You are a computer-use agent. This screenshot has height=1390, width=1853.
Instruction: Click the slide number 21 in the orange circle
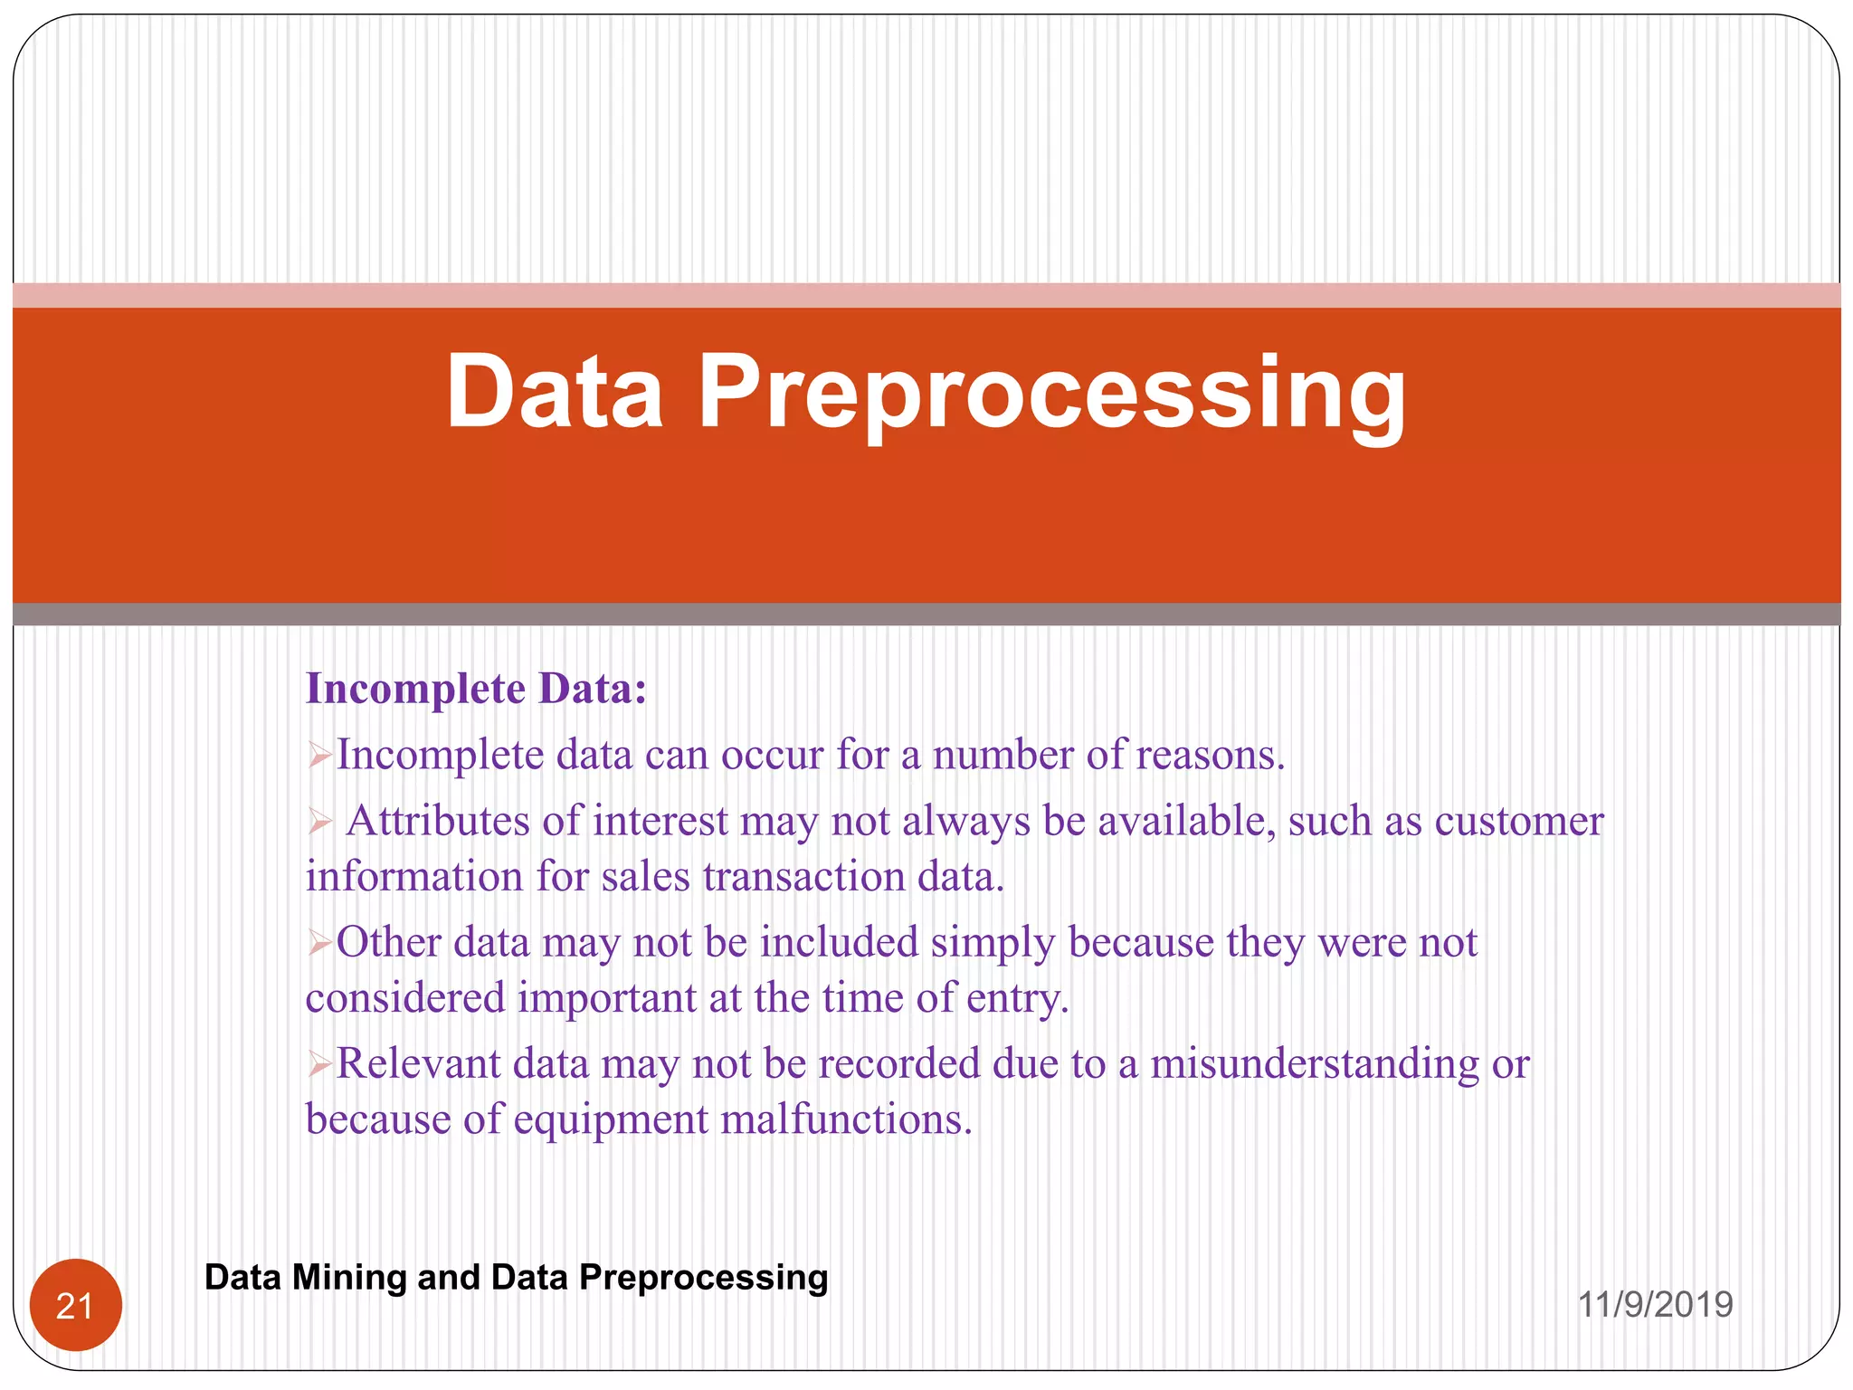click(75, 1306)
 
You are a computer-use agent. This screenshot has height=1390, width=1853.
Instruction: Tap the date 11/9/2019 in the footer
click(1655, 1304)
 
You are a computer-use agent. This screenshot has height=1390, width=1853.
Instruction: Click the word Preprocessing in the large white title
click(1052, 393)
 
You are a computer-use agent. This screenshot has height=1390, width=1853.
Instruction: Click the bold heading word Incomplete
click(415, 689)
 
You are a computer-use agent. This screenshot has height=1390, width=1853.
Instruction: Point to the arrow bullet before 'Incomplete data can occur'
click(319, 755)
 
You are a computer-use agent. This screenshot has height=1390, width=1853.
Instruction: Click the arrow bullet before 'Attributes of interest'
click(319, 822)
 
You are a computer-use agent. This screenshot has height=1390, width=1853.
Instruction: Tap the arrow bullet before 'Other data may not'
click(319, 943)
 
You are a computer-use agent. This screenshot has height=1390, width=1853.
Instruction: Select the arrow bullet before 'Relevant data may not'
click(319, 1064)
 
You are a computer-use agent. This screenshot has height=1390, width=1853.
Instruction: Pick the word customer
click(1519, 822)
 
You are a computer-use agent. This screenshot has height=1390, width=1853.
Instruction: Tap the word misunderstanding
click(1315, 1063)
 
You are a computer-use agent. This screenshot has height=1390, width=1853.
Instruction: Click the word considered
click(405, 998)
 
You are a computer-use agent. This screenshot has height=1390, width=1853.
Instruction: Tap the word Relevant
click(418, 1063)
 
